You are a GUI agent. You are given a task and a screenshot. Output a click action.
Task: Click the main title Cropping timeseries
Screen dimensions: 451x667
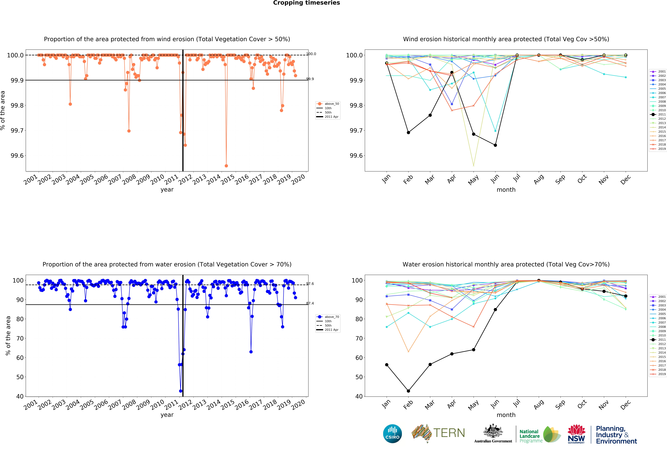tap(306, 3)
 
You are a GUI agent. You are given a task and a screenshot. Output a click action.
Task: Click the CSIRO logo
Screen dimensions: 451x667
tap(392, 433)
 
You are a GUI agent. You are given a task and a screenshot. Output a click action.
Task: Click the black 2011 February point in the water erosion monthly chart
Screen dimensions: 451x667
tap(408, 391)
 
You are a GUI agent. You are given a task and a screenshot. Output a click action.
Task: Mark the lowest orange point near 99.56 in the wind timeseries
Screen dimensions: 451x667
tap(226, 166)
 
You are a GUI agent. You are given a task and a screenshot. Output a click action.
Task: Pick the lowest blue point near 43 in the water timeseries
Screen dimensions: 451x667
tap(180, 391)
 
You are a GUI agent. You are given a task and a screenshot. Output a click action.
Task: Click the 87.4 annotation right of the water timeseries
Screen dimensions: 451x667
tap(310, 303)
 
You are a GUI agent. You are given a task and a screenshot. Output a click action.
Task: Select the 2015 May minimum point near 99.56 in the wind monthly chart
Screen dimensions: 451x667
tap(474, 165)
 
